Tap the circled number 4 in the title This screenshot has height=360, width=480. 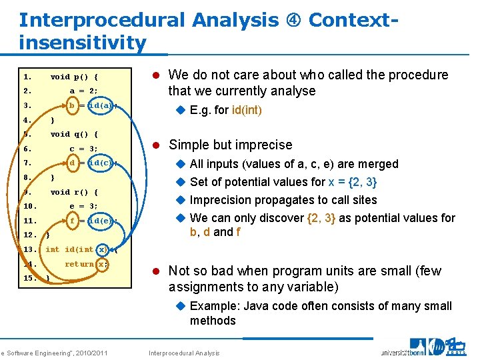pyautogui.click(x=294, y=20)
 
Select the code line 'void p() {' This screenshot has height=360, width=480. pyautogui.click(x=75, y=77)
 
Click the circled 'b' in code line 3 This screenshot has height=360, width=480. pyautogui.click(x=72, y=105)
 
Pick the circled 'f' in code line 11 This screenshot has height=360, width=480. pyautogui.click(x=72, y=221)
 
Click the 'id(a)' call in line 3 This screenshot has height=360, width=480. pyautogui.click(x=103, y=105)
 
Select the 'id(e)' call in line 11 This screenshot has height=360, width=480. pyautogui.click(x=103, y=221)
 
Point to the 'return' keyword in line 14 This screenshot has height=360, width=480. pyautogui.click(x=79, y=264)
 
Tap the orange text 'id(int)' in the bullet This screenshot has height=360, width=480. pyautogui.click(x=247, y=110)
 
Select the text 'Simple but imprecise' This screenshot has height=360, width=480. pyautogui.click(x=230, y=145)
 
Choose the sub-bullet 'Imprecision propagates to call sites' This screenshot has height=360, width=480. pyautogui.click(x=283, y=200)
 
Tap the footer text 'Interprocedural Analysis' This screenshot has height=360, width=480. pyautogui.click(x=183, y=353)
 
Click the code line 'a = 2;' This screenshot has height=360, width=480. pyautogui.click(x=84, y=91)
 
